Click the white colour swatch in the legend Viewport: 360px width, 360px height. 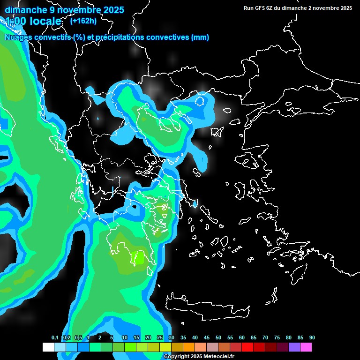coord(48,347)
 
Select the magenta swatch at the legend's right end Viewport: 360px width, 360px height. coord(306,347)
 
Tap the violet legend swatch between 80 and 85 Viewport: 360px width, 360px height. coord(294,347)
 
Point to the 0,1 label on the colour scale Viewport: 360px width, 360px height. coord(55,338)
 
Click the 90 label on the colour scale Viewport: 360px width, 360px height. coord(312,338)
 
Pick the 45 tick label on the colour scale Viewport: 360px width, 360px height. coord(207,338)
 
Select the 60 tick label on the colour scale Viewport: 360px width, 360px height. coord(242,338)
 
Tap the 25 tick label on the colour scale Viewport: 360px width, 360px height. coord(160,338)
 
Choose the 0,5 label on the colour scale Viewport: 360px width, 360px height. coord(78,338)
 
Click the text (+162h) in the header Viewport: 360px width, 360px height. coord(83,21)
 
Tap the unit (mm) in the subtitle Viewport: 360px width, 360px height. coord(200,37)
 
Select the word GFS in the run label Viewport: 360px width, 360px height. coord(262,8)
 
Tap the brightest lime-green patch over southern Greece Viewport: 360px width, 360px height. coord(139,257)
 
